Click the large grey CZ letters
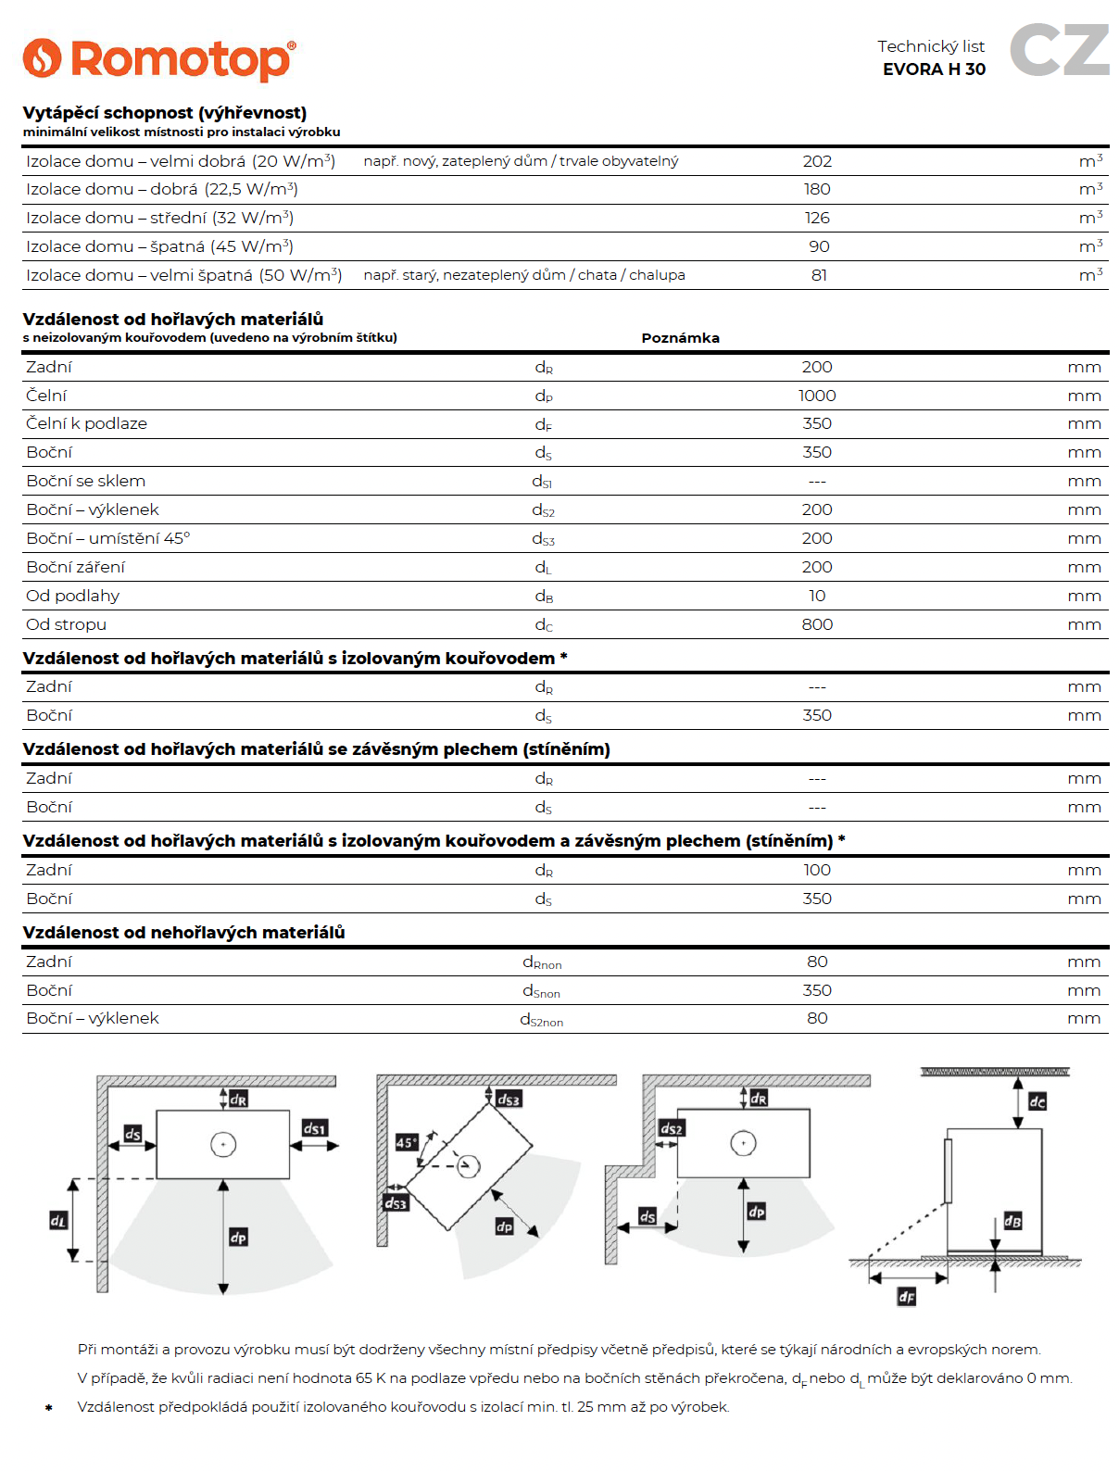click(x=1059, y=50)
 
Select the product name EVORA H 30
click(x=934, y=69)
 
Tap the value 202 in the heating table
click(x=817, y=161)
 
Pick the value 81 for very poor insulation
click(x=819, y=275)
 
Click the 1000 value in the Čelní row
click(x=817, y=396)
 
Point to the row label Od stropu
click(x=67, y=624)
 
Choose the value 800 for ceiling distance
click(x=817, y=624)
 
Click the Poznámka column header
click(x=680, y=338)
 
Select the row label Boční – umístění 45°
click(x=108, y=538)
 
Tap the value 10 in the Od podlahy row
click(x=817, y=596)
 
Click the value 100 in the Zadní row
click(x=817, y=870)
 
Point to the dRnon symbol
click(x=542, y=962)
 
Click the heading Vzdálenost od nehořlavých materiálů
click(x=183, y=933)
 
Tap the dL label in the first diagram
click(x=58, y=1221)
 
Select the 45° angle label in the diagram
click(x=406, y=1142)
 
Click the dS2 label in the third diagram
click(x=672, y=1128)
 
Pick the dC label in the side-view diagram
click(x=1037, y=1101)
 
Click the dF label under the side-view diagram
click(x=907, y=1297)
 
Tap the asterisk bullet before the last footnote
click(x=49, y=1408)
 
